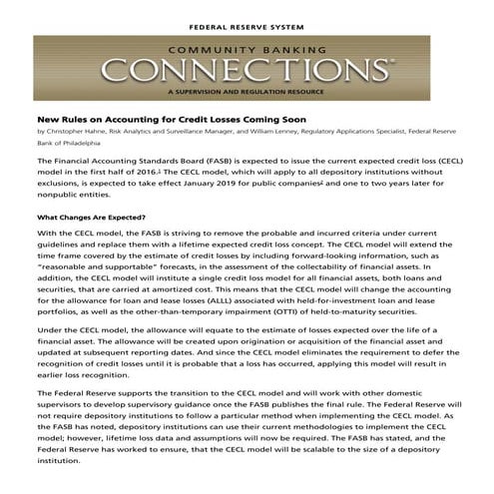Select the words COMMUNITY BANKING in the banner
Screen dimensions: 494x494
click(x=246, y=48)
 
